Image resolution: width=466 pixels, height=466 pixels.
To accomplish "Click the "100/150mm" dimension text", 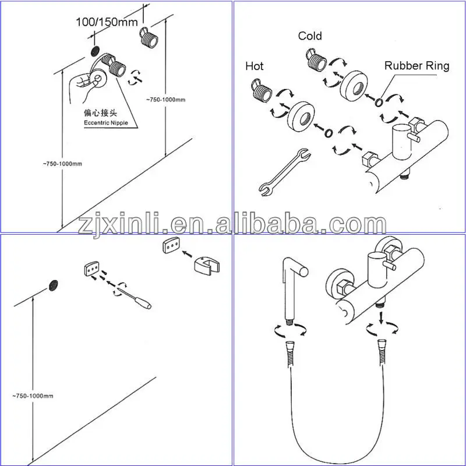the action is pos(107,22).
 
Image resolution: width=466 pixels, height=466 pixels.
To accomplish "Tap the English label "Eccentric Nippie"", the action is pos(106,123).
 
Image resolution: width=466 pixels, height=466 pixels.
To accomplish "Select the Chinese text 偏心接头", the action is pos(100,113).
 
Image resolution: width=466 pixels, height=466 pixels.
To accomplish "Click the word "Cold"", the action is pos(310,36).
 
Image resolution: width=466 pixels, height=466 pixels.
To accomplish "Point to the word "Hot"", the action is pos(255,66).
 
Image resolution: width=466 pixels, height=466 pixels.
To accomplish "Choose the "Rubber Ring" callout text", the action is pos(416,66).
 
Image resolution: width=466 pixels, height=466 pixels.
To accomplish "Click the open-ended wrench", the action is pos(285,172).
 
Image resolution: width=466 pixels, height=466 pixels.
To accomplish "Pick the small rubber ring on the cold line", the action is pos(379,102).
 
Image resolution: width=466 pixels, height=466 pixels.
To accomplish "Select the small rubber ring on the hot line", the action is pos(328,133).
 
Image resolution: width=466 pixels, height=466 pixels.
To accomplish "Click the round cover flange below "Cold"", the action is pos(354,86).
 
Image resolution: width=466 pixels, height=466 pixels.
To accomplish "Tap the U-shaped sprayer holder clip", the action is pos(207,265).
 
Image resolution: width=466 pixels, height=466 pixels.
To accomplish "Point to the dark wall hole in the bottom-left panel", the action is pos(53,285).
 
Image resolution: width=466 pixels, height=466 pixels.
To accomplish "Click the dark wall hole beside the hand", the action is pos(95,51).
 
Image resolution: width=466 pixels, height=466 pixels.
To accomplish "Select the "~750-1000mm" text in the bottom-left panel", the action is pos(33,396).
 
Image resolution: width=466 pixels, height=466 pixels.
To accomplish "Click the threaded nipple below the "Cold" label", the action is pos(316,61).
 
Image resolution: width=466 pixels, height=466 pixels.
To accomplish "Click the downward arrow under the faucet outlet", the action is pos(381,317).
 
